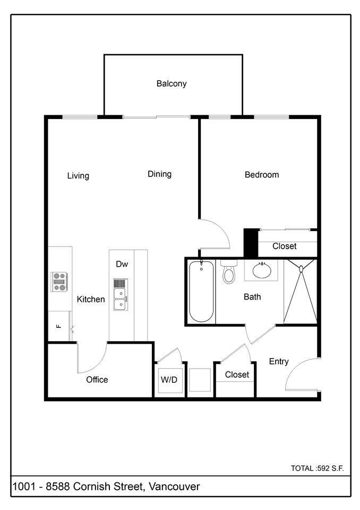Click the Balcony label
(x=171, y=83)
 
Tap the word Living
(x=78, y=176)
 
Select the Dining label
(x=159, y=174)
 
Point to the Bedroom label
(x=261, y=174)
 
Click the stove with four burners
(x=59, y=281)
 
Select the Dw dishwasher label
(x=122, y=263)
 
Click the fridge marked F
(x=59, y=326)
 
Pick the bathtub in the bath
(x=201, y=292)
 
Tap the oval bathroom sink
(x=261, y=270)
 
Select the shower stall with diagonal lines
(x=300, y=292)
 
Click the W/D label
(x=169, y=380)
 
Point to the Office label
(x=97, y=379)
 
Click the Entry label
(x=278, y=361)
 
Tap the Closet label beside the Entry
(x=237, y=375)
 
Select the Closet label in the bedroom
(x=284, y=246)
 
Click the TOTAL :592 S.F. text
(x=317, y=468)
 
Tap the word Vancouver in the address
(x=174, y=486)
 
